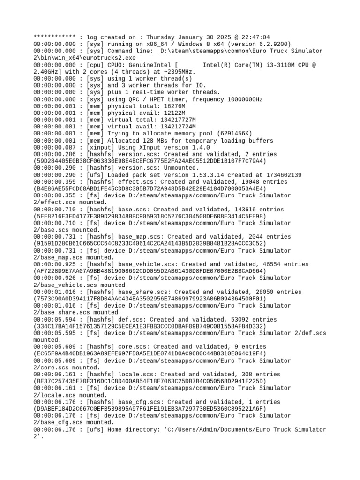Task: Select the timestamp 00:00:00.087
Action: pyautogui.click(x=55, y=147)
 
